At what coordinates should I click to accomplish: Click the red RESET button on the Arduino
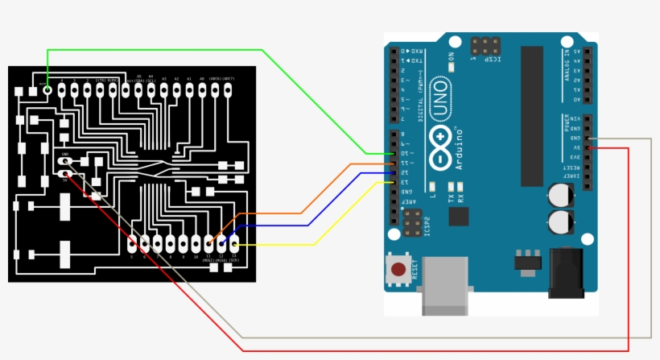pyautogui.click(x=398, y=268)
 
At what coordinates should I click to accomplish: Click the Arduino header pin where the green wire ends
pyautogui.click(x=393, y=153)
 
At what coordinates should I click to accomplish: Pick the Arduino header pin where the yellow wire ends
pyautogui.click(x=393, y=183)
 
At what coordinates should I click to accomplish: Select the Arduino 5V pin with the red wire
pyautogui.click(x=588, y=147)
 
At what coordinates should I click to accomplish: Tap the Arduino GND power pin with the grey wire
pyautogui.click(x=588, y=138)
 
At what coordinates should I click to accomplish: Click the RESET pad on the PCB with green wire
pyautogui.click(x=47, y=90)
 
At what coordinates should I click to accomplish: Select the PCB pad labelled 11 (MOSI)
pyautogui.click(x=208, y=242)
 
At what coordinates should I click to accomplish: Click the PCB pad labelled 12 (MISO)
pyautogui.click(x=221, y=242)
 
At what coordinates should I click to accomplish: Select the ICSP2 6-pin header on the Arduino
pyautogui.click(x=411, y=223)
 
